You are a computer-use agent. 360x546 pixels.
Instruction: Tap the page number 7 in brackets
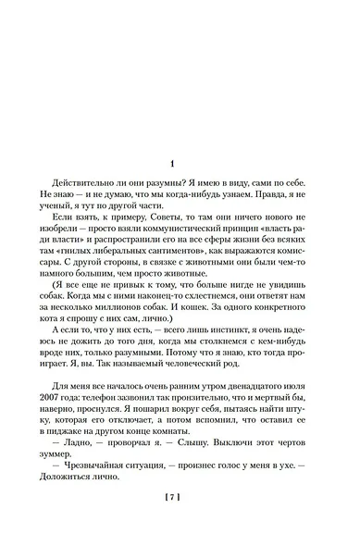[x=180, y=497]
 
